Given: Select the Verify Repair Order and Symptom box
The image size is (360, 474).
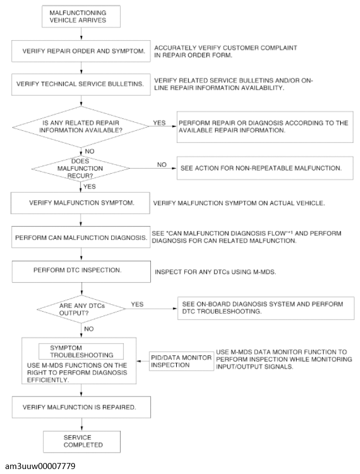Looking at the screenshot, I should tap(81, 52).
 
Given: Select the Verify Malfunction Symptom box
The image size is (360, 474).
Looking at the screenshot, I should tap(81, 203).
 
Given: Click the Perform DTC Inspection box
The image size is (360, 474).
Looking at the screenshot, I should tap(81, 272).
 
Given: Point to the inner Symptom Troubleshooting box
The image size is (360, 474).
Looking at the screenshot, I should tap(81, 351).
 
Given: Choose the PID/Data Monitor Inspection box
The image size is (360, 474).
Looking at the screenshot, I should tap(181, 361).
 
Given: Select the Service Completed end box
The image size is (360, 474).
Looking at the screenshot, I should tap(81, 441).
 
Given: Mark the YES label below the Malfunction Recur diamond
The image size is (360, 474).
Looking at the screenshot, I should tap(89, 186).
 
